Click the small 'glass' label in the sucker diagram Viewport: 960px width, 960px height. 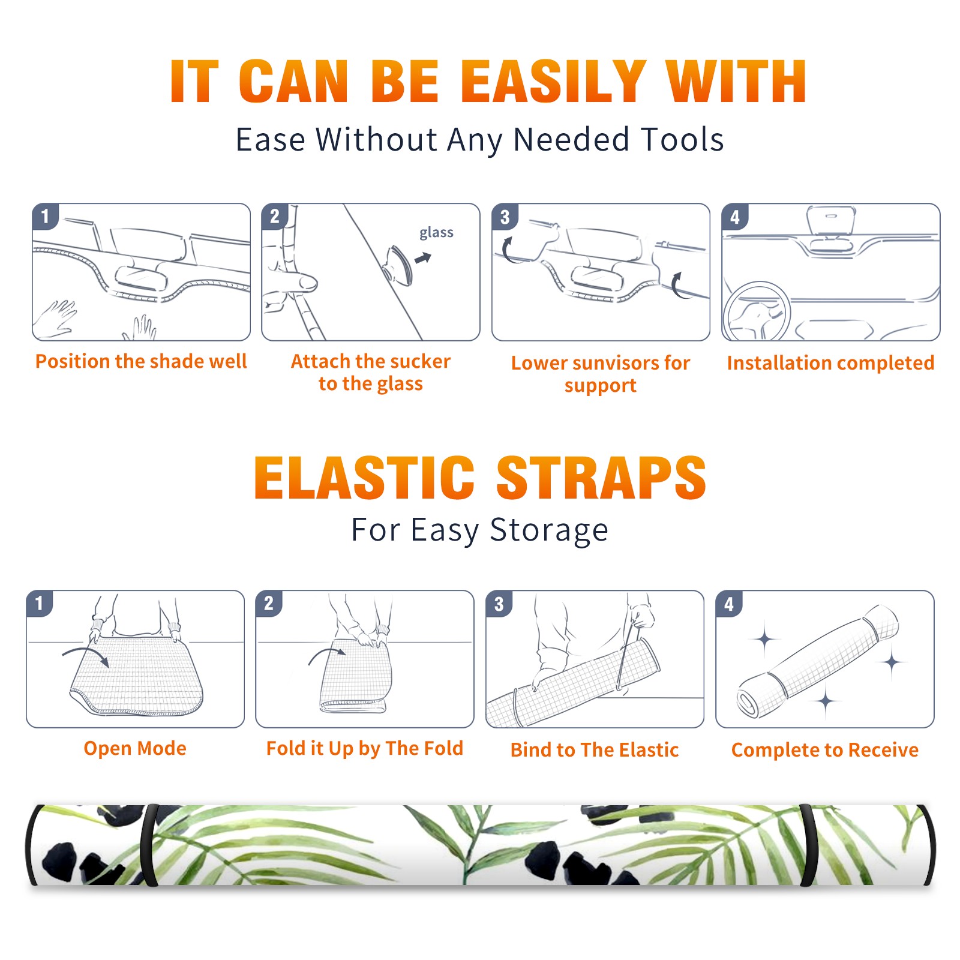[x=436, y=232]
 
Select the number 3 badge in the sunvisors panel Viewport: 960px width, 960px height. [x=505, y=217]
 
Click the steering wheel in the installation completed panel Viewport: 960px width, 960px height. [x=757, y=311]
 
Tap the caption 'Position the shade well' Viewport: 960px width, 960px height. [x=141, y=361]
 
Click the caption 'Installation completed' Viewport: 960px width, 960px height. [x=830, y=363]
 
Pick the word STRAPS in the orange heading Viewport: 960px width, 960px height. [x=601, y=478]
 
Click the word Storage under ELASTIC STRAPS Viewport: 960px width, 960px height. [x=549, y=530]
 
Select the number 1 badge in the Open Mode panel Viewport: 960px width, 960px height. [x=40, y=603]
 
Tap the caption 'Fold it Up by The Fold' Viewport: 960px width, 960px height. [x=365, y=748]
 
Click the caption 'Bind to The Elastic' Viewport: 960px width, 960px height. [x=595, y=750]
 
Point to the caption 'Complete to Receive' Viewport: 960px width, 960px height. [x=825, y=750]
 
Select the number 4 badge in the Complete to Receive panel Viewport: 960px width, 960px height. [x=729, y=603]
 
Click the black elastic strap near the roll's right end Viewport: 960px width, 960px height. [x=809, y=845]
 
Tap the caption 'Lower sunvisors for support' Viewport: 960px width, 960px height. [x=601, y=374]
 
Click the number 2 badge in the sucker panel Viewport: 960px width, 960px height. [x=275, y=217]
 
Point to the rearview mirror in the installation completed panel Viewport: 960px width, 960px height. [x=831, y=221]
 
